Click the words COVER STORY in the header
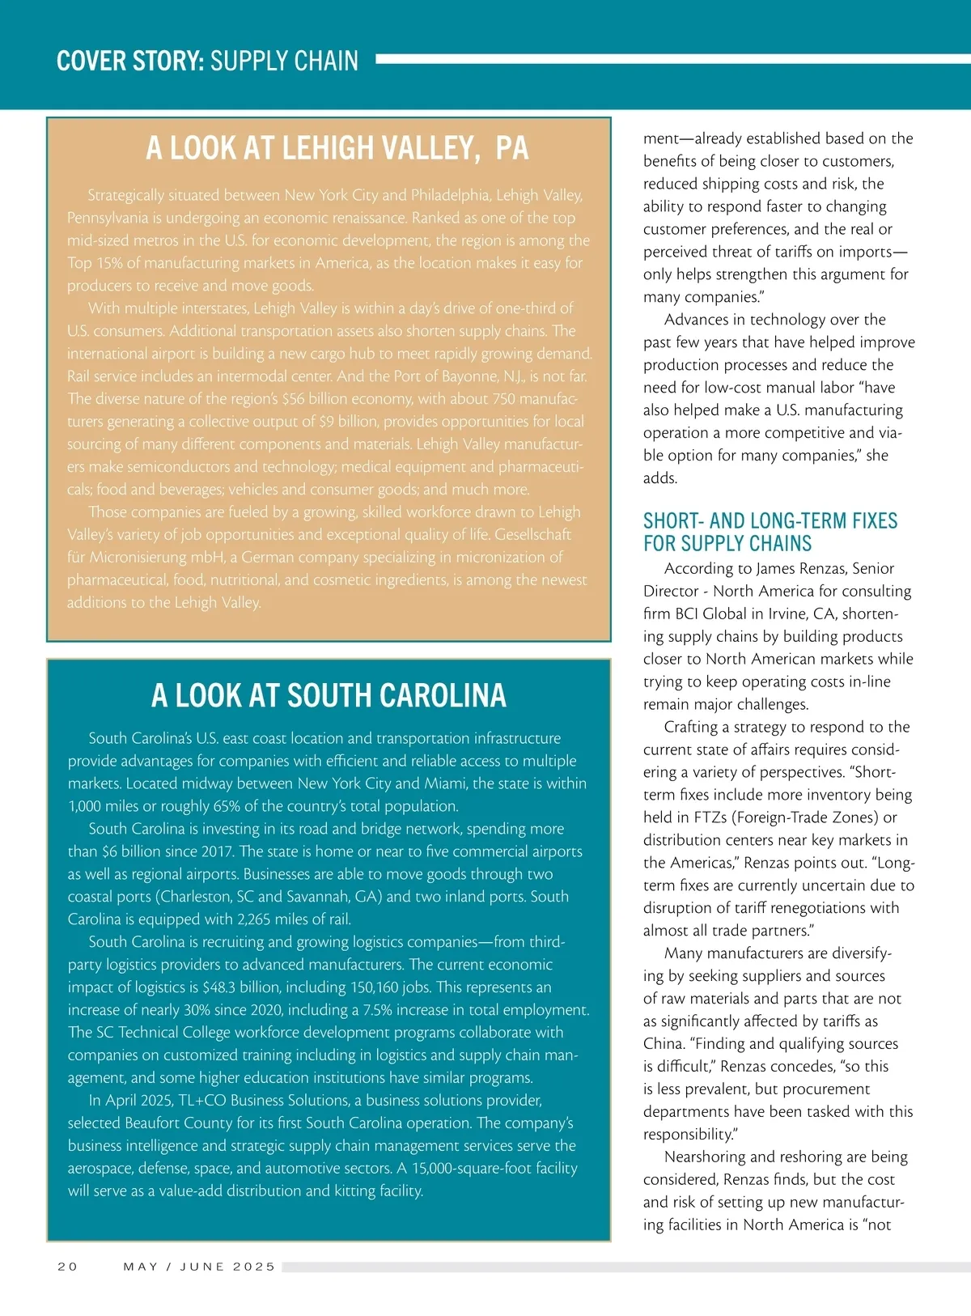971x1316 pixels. (x=129, y=61)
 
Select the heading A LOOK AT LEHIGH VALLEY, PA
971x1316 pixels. (x=337, y=148)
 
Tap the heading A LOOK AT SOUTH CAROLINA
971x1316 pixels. (x=329, y=695)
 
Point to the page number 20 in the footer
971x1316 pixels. (x=68, y=1267)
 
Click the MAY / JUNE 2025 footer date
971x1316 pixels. (x=199, y=1267)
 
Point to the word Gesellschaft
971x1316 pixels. (x=532, y=535)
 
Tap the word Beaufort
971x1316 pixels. (x=155, y=1123)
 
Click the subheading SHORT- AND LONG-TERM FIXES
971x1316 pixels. (x=770, y=520)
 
